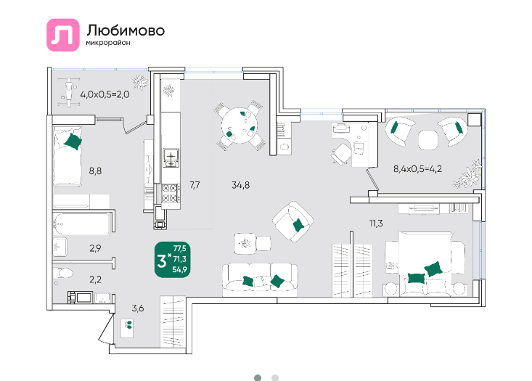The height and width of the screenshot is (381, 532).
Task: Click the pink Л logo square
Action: pos(62,35)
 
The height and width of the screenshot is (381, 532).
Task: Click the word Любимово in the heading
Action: pos(126,30)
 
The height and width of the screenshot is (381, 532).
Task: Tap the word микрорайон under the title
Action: pos(108,43)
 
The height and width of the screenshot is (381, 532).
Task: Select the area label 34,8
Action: pos(240,185)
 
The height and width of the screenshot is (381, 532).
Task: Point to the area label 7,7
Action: pos(195,185)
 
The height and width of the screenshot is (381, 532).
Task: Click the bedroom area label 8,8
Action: pos(95,171)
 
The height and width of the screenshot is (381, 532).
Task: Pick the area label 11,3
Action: pos(376,224)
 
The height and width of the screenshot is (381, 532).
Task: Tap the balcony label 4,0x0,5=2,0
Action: pos(105,94)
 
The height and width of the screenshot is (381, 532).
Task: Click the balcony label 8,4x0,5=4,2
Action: pos(417,169)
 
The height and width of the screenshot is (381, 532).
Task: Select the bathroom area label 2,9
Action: pos(95,248)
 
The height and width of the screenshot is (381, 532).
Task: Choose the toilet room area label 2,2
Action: pos(95,280)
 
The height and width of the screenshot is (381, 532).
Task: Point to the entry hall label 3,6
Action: pos(138,308)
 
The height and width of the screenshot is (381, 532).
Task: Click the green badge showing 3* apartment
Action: pos(172,260)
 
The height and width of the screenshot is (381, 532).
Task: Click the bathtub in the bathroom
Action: pos(81,224)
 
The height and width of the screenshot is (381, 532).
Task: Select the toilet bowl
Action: pos(64,273)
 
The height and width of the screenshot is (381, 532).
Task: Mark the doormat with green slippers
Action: pos(128,328)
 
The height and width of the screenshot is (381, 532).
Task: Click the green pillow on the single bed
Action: pos(73,141)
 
